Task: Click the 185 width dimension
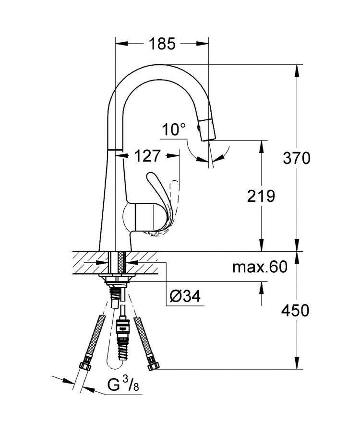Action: tap(162, 44)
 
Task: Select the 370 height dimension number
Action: tap(297, 158)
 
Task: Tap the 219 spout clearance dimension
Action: tap(261, 197)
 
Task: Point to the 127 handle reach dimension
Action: tap(147, 156)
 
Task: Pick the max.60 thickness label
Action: tap(260, 267)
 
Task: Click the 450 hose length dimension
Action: tap(295, 311)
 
